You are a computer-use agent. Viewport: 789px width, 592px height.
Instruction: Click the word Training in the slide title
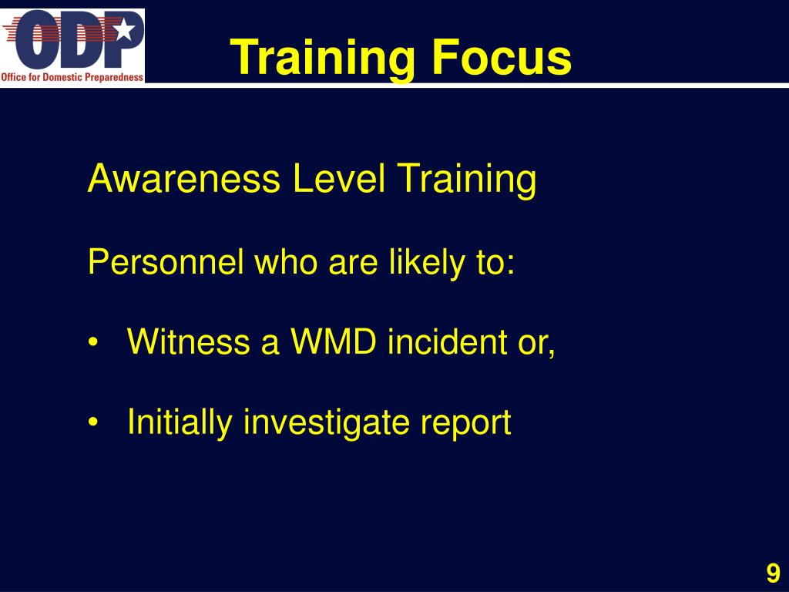coord(322,58)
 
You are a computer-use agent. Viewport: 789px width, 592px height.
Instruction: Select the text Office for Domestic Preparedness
coord(72,76)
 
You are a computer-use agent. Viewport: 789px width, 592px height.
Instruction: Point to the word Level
coord(339,179)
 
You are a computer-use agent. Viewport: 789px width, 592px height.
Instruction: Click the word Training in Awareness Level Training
coord(466,179)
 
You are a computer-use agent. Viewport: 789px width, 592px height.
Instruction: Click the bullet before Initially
coord(94,423)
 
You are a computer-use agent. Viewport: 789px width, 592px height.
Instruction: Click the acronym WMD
coord(333,341)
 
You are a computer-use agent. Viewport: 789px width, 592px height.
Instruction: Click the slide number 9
coord(773,573)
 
